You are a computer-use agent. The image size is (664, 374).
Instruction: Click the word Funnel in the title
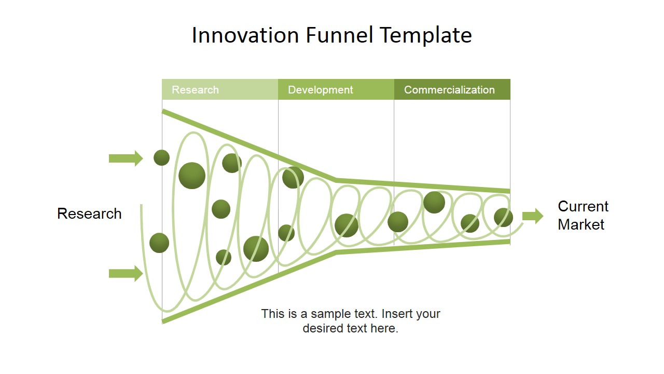[339, 35]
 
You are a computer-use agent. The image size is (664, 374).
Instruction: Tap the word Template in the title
[425, 35]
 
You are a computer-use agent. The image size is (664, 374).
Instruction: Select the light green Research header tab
[220, 89]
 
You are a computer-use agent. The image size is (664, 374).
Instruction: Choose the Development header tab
[336, 89]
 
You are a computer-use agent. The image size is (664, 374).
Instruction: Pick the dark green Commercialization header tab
[452, 89]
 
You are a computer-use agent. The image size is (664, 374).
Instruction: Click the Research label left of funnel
[89, 213]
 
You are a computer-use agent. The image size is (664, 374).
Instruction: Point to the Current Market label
[583, 215]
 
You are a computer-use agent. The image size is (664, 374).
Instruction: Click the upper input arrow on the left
[126, 158]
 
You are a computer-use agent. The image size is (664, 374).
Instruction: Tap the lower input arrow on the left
[126, 273]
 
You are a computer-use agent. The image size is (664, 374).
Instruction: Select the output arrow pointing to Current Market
[532, 216]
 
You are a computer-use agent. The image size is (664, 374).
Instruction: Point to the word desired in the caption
[327, 328]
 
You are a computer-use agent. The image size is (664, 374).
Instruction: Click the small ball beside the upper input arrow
[162, 157]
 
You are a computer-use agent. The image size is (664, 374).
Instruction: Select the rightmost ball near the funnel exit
[503, 217]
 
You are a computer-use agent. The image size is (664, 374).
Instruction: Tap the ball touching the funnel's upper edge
[293, 178]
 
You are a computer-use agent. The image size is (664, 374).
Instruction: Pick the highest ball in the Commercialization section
[434, 202]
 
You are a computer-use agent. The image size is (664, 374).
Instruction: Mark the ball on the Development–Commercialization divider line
[398, 222]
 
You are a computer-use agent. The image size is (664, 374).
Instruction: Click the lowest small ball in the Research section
[224, 257]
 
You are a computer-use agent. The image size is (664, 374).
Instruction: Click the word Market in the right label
[581, 224]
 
